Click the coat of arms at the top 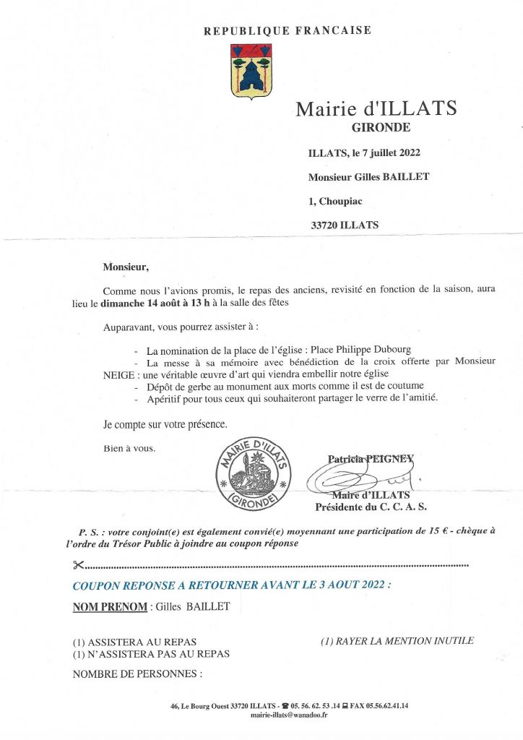point(251,71)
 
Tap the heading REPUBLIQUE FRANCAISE point(288,30)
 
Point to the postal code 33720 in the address point(325,225)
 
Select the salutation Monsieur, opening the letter point(126,267)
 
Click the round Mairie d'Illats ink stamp point(254,474)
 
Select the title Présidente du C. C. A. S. point(371,507)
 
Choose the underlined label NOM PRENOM point(110,607)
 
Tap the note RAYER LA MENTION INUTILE point(397,640)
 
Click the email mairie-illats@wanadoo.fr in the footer point(289,715)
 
